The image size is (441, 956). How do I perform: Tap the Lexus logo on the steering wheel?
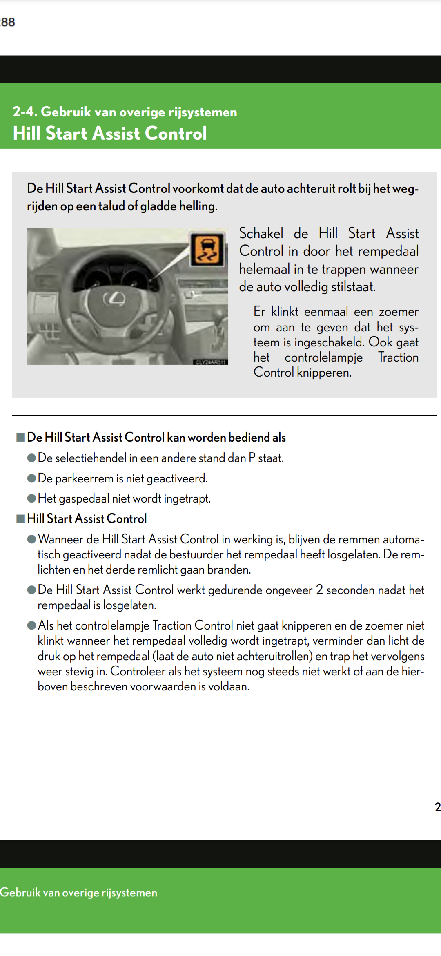click(114, 299)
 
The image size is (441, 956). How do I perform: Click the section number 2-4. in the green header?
click(25, 112)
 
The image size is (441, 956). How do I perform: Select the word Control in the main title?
click(176, 134)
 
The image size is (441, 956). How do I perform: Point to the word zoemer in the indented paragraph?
click(399, 312)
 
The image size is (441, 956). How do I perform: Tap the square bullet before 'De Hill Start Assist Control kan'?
click(20, 438)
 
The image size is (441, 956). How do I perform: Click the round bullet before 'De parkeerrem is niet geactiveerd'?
click(31, 478)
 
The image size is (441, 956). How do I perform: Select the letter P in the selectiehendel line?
click(252, 458)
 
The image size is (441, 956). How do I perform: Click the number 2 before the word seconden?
click(319, 590)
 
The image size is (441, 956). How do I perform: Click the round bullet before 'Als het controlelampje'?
click(31, 625)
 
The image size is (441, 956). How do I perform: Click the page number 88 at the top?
click(8, 22)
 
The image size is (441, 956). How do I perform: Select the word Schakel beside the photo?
click(261, 233)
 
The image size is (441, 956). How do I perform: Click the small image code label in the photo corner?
click(210, 362)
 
